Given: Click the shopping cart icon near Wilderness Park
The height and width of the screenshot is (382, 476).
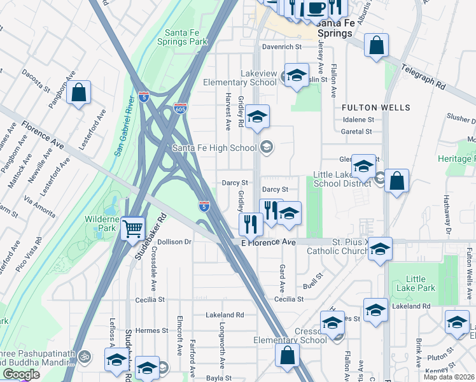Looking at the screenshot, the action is [x=132, y=227].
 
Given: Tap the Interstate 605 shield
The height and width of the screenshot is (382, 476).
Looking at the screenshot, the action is [x=181, y=109].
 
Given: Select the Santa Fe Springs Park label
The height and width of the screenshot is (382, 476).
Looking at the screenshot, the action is [x=186, y=38].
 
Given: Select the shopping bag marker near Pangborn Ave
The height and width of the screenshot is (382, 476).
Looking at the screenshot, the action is [x=79, y=93].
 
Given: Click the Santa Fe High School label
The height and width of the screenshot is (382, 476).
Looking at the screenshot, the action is [x=214, y=148].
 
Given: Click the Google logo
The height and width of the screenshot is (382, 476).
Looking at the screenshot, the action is [x=21, y=374].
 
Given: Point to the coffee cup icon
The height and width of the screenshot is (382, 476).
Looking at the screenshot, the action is [x=316, y=8].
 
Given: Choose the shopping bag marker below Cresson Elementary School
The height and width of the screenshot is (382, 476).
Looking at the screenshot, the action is [x=287, y=354].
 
